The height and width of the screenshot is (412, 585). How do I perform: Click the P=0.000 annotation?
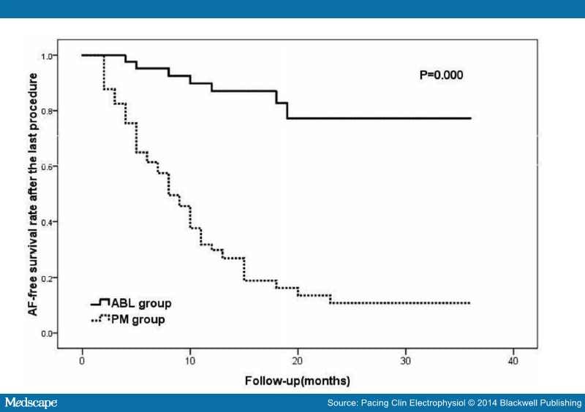point(436,75)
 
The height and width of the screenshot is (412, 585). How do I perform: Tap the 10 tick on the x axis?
point(190,361)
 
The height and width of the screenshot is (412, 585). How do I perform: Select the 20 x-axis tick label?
point(298,361)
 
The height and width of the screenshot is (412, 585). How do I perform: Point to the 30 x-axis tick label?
point(405,361)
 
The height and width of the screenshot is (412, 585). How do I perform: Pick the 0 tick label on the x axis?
point(83,361)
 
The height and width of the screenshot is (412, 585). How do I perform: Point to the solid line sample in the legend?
point(99,302)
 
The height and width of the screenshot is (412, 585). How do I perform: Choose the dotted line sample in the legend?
point(99,318)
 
